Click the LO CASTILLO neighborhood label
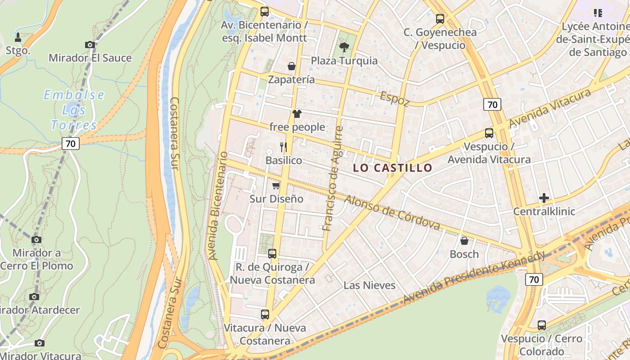click(392, 168)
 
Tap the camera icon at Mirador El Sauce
click(90, 45)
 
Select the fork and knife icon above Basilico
click(283, 147)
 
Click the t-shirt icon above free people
click(297, 113)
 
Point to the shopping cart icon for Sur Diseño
click(276, 185)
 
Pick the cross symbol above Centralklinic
click(544, 198)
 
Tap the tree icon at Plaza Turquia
click(344, 47)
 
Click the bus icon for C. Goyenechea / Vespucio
click(440, 19)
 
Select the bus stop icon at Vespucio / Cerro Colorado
click(542, 325)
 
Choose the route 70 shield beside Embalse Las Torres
click(71, 144)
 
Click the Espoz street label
click(395, 99)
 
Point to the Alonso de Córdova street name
click(392, 212)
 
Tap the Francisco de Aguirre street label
click(333, 179)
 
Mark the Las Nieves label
click(369, 285)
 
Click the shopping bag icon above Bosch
click(464, 241)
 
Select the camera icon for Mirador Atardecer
click(34, 297)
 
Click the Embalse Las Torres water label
click(74, 110)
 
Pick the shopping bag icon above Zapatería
click(292, 66)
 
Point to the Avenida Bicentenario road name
click(218, 206)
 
